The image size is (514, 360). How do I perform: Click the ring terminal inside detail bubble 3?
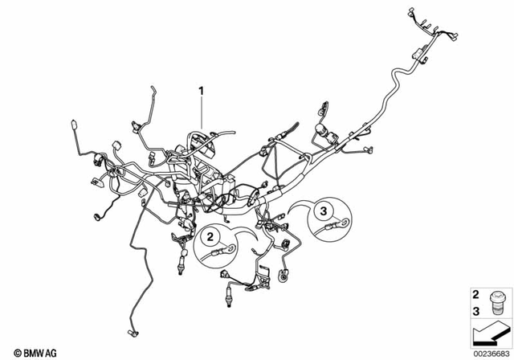tap(345, 225)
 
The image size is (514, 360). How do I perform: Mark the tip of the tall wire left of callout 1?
tap(153, 88)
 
